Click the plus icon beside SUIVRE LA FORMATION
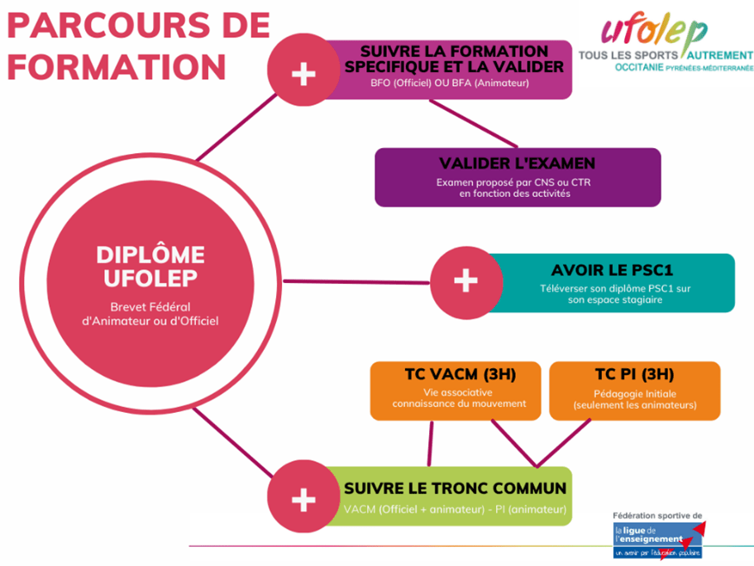pyautogui.click(x=304, y=74)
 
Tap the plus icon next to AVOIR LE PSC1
pyautogui.click(x=466, y=281)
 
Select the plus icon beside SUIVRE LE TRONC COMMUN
pyautogui.click(x=304, y=499)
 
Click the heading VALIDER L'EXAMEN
pyautogui.click(x=518, y=162)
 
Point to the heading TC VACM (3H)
pyautogui.click(x=456, y=374)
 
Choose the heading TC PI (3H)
pyautogui.click(x=634, y=374)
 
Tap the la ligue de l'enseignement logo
pyautogui.click(x=657, y=537)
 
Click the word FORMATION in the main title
pyautogui.click(x=116, y=65)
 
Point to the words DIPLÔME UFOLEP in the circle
pyautogui.click(x=150, y=266)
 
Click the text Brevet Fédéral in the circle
pyautogui.click(x=150, y=305)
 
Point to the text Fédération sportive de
pyautogui.click(x=657, y=515)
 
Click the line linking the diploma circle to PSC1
pyautogui.click(x=356, y=281)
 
